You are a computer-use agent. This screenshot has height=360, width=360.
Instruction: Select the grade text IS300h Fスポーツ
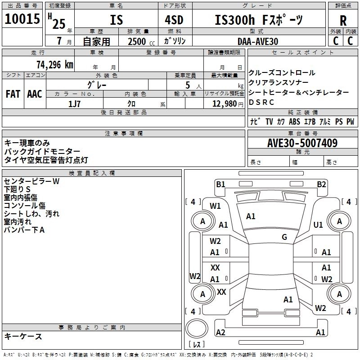259,20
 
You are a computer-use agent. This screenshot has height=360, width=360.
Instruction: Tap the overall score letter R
343,20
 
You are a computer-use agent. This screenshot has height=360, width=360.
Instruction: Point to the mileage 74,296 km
54,64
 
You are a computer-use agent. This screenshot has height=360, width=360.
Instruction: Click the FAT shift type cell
13,94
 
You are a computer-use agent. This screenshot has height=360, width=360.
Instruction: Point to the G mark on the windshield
284,237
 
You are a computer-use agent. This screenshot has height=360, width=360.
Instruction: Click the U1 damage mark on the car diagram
318,225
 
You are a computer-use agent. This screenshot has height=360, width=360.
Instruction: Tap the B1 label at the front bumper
220,184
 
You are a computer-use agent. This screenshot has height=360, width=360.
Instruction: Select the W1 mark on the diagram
215,206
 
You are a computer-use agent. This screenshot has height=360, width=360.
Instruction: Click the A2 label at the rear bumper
220,332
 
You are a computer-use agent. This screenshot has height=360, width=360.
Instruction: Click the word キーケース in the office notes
23,336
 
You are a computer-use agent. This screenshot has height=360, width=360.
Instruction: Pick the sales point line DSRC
261,102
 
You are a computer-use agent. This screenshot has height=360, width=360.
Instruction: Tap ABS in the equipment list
294,121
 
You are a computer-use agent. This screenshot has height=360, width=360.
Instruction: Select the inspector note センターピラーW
31,181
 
